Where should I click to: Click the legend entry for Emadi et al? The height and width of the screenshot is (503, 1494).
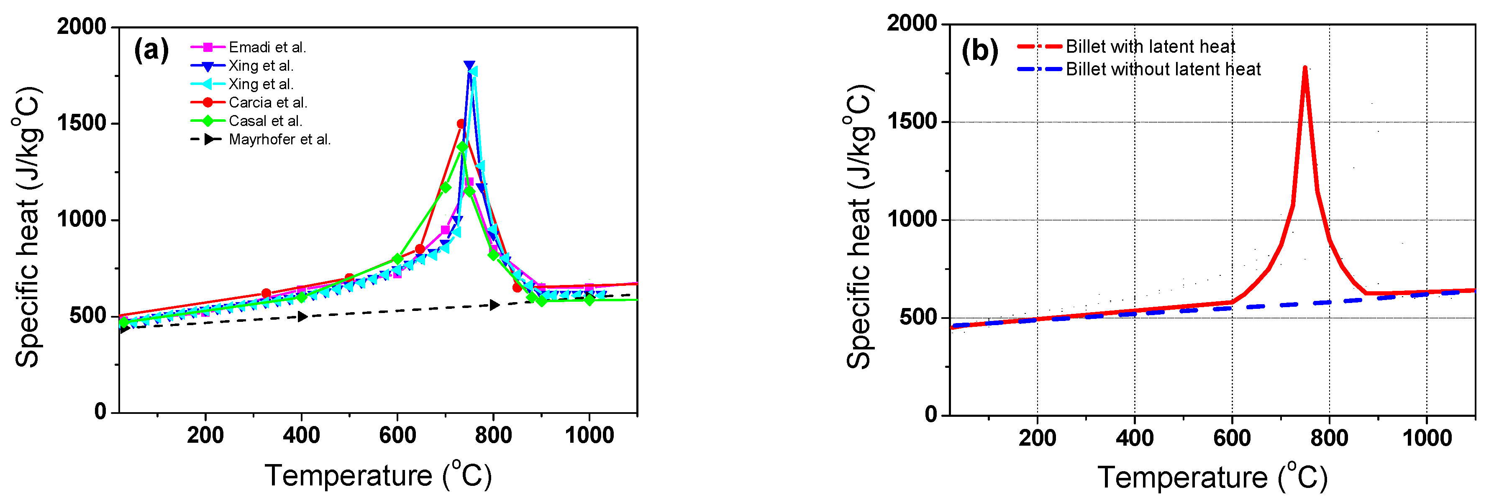pos(267,47)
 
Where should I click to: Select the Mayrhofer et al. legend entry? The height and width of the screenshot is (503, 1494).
pos(279,139)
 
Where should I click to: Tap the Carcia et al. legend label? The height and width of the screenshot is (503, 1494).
pos(267,103)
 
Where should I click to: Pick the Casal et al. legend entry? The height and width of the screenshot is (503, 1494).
pos(265,121)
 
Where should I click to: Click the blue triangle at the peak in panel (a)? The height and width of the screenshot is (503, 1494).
pos(469,66)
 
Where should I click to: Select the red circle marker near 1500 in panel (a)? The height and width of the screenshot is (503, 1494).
pos(461,123)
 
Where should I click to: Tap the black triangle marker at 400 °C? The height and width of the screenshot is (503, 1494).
pos(302,316)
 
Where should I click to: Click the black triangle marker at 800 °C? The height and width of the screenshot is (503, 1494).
pos(494,305)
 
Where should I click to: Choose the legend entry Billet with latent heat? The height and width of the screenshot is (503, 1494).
pos(1150,46)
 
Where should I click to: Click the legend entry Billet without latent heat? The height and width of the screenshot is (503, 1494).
pos(1163,69)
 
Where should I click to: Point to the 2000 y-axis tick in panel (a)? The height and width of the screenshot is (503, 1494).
pos(82,27)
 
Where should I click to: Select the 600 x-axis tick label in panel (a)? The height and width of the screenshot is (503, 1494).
pos(397,435)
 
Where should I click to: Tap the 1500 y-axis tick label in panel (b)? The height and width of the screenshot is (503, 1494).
pos(912,121)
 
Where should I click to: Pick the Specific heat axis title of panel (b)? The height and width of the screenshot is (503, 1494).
pos(859,226)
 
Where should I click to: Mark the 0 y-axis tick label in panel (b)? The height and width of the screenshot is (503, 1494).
pos(931,414)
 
